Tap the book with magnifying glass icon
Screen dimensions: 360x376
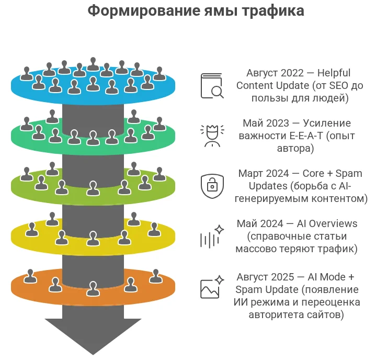(212, 86)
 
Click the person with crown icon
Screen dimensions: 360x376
(212, 135)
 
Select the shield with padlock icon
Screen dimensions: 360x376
(212, 185)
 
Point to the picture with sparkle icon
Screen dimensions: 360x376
(212, 286)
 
